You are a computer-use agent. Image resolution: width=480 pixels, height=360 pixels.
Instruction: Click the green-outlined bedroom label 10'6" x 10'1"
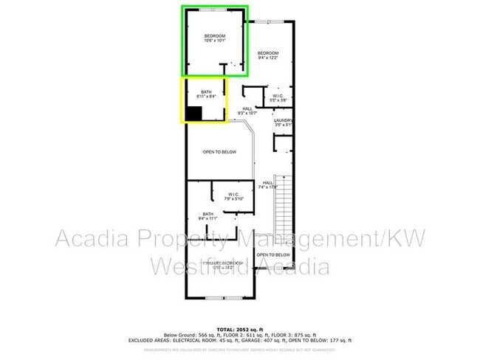[216, 38]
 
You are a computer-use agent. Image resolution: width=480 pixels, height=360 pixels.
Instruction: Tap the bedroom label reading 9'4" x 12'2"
[268, 56]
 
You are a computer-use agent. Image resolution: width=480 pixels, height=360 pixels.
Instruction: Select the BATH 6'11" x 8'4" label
[206, 94]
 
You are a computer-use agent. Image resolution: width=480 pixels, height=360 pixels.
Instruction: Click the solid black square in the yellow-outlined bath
[193, 114]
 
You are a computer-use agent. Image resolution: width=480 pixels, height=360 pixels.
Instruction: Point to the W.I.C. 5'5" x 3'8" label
[278, 97]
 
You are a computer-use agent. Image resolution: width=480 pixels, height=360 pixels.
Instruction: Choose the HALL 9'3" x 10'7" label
[246, 111]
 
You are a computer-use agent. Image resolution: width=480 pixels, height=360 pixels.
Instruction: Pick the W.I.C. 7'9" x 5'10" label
[233, 196]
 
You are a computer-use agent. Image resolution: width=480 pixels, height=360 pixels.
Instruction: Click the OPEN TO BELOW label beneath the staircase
[271, 255]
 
